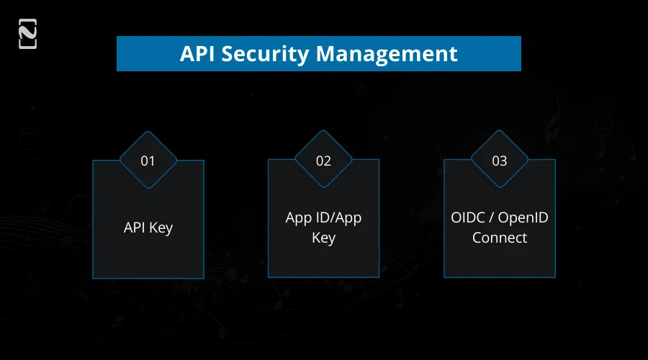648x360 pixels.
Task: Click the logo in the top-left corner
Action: pyautogui.click(x=27, y=35)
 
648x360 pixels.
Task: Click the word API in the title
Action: pyautogui.click(x=197, y=54)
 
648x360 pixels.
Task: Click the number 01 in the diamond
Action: pyautogui.click(x=148, y=161)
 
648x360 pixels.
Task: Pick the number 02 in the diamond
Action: pyautogui.click(x=323, y=161)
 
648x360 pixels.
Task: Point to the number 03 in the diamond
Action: pyautogui.click(x=499, y=161)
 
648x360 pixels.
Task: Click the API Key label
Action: pyautogui.click(x=148, y=228)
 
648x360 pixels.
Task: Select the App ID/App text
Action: pyautogui.click(x=323, y=218)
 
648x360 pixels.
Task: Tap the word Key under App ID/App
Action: pyautogui.click(x=323, y=238)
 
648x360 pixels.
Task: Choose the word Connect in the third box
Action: pyautogui.click(x=499, y=238)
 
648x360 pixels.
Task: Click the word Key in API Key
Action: pyautogui.click(x=161, y=228)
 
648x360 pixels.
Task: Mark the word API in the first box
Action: pyautogui.click(x=135, y=228)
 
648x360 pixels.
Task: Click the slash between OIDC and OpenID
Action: pyautogui.click(x=492, y=218)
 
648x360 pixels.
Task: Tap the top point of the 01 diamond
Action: pyautogui.click(x=148, y=132)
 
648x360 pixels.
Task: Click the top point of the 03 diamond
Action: pyautogui.click(x=499, y=132)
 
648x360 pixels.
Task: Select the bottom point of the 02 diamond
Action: pyautogui.click(x=323, y=189)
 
